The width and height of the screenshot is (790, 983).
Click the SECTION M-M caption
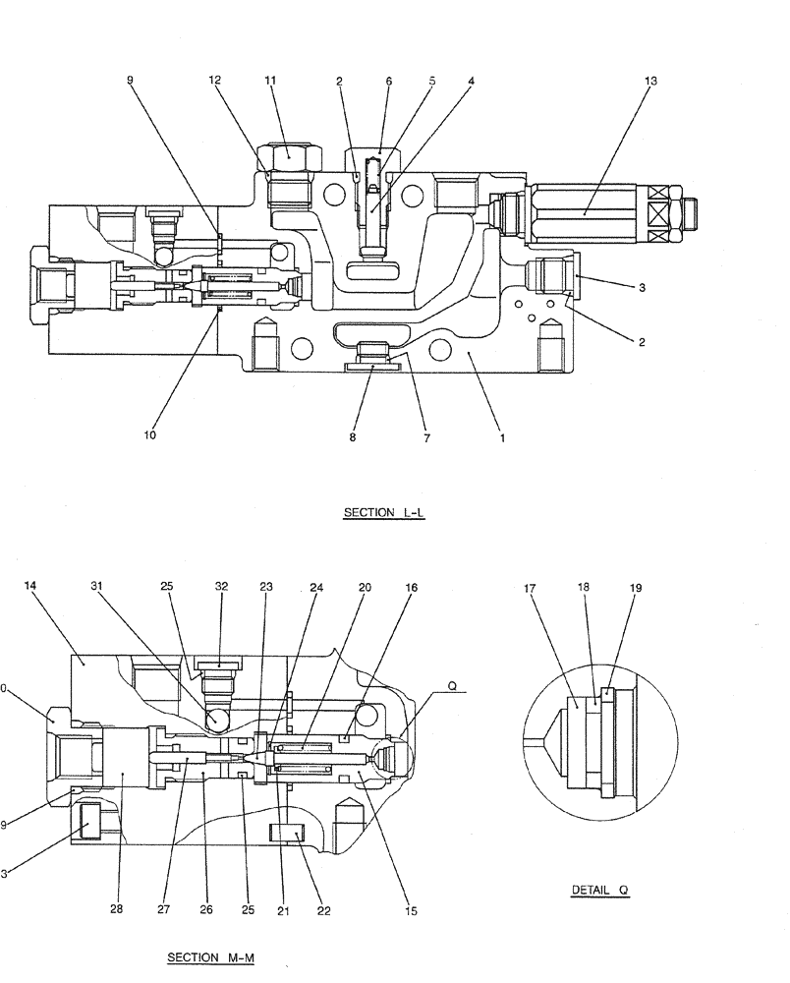(211, 957)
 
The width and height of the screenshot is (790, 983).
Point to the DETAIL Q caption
(599, 891)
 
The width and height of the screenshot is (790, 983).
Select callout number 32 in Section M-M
(221, 587)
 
